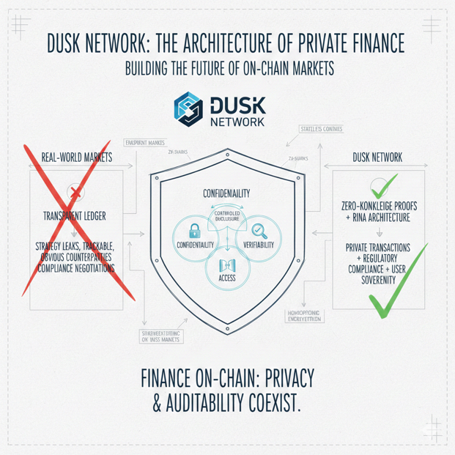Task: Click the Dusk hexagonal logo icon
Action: click(188, 108)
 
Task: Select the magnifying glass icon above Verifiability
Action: click(258, 230)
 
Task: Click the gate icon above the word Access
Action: click(226, 262)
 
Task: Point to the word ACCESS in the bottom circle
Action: click(226, 278)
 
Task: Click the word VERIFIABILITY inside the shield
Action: click(257, 244)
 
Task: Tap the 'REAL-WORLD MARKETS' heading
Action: click(76, 158)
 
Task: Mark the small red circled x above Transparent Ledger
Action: click(75, 193)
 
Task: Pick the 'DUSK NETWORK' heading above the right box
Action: click(377, 158)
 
